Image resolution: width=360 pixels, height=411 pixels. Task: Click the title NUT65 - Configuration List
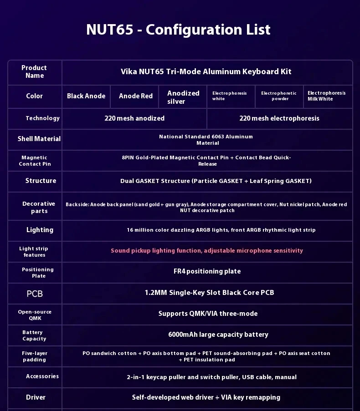tap(178, 30)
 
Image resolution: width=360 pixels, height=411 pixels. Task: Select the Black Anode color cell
tap(86, 96)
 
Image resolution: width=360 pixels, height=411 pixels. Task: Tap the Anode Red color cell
tap(135, 96)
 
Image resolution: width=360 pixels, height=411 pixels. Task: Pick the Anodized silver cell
tap(183, 97)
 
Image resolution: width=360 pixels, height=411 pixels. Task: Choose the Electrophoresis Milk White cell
tap(326, 96)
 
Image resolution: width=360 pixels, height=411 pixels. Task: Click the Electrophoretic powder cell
tap(279, 96)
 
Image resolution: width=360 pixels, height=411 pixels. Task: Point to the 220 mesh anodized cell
tap(134, 118)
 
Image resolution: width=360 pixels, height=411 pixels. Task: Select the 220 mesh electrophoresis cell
tap(279, 118)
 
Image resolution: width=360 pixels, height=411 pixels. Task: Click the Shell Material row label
tap(39, 139)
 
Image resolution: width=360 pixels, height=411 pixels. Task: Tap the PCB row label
tap(35, 294)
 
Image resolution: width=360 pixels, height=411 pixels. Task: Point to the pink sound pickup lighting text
tap(207, 251)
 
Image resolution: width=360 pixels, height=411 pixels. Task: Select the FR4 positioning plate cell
tap(207, 271)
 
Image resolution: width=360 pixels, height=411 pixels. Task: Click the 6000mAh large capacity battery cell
tap(218, 335)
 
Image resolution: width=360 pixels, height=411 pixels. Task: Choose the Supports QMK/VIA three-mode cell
tap(208, 314)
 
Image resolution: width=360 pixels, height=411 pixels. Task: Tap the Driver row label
tap(36, 397)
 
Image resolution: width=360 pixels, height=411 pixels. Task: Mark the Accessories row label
tap(42, 376)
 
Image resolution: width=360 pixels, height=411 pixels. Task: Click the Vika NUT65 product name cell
tap(206, 71)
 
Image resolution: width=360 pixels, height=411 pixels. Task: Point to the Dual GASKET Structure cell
tap(216, 181)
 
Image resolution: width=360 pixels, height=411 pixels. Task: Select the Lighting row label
tap(40, 230)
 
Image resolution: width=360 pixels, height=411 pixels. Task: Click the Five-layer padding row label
tap(35, 356)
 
